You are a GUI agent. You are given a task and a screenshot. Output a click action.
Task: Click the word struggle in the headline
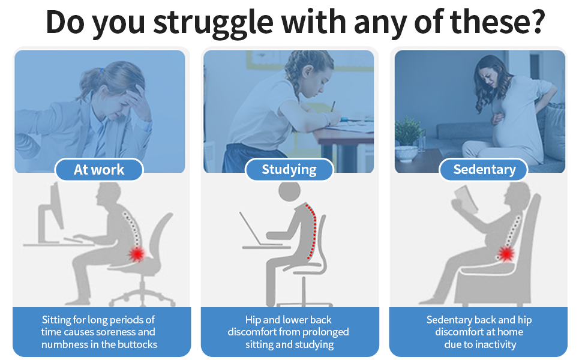click(x=213, y=23)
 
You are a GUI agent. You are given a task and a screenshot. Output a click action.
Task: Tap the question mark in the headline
click(x=536, y=21)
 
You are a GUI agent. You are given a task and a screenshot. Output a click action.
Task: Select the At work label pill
click(x=99, y=170)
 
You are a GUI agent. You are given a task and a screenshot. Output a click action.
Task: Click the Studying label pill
click(x=289, y=170)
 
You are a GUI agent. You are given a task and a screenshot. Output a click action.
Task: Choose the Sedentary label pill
click(x=484, y=170)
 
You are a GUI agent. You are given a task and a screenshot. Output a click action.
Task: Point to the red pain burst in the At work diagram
click(x=137, y=254)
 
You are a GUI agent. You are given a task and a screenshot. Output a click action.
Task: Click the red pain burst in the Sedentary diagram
click(x=506, y=254)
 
